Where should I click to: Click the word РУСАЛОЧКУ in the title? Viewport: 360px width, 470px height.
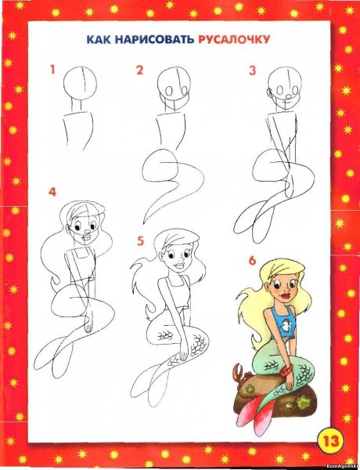tap(234, 39)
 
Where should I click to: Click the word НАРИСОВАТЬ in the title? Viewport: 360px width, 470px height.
tap(154, 40)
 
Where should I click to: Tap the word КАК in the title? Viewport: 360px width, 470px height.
tap(99, 40)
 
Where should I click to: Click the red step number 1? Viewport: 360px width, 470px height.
tap(52, 70)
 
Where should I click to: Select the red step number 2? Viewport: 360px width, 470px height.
tap(139, 70)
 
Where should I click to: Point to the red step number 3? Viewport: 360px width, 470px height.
tap(253, 70)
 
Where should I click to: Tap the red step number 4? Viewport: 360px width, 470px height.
tap(52, 192)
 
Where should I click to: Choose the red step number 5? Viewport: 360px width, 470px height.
tap(140, 241)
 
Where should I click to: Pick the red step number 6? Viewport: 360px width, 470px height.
tap(253, 261)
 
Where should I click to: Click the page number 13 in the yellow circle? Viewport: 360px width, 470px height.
tap(331, 442)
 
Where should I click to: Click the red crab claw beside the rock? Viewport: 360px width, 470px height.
tap(239, 371)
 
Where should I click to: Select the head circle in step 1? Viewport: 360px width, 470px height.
tap(80, 83)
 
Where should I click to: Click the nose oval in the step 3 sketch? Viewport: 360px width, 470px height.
tap(288, 96)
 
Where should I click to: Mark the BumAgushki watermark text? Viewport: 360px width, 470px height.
tap(343, 467)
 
